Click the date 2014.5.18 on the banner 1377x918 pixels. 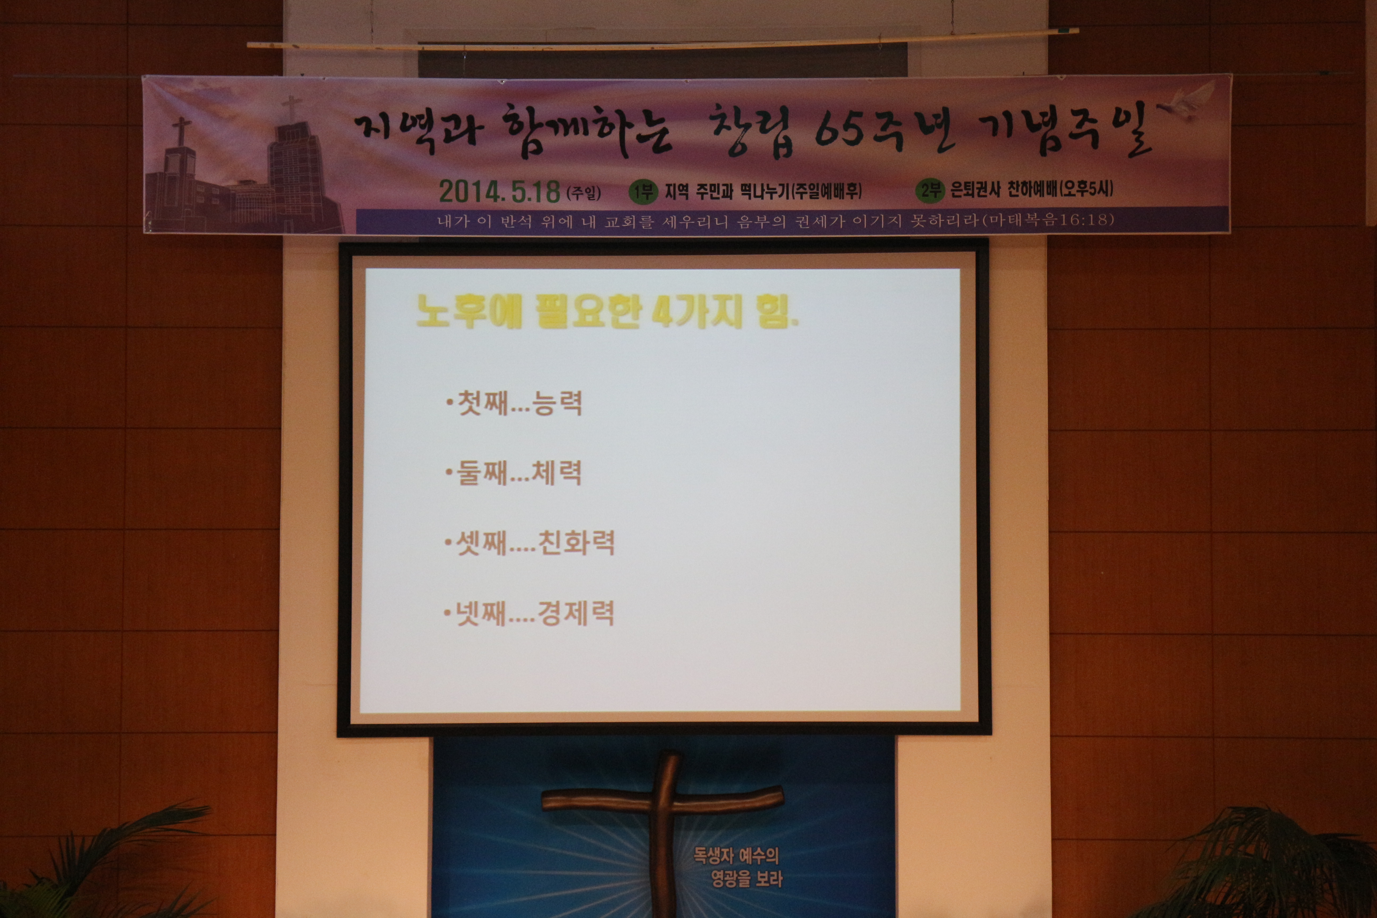click(499, 191)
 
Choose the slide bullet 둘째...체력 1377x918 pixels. click(513, 473)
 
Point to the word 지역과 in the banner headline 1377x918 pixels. click(416, 127)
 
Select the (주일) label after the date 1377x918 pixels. click(584, 192)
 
